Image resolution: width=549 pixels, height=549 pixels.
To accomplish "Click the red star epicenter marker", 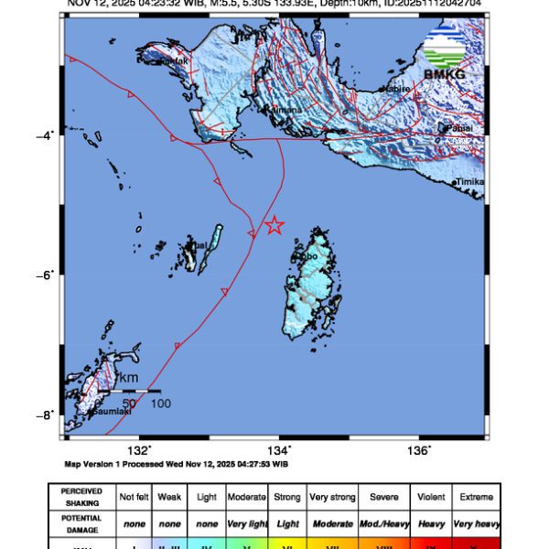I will [x=274, y=225].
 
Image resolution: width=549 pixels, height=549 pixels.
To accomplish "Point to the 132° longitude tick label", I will [x=139, y=449].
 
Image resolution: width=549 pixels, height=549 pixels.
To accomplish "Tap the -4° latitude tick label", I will [x=46, y=135].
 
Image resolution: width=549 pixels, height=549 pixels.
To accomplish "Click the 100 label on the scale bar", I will [x=160, y=403].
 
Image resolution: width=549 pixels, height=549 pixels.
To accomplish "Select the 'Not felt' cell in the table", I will [x=135, y=496].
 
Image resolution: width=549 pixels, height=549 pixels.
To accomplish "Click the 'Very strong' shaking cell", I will [x=331, y=496].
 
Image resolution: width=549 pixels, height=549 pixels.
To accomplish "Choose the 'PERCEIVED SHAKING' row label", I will [x=81, y=496].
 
